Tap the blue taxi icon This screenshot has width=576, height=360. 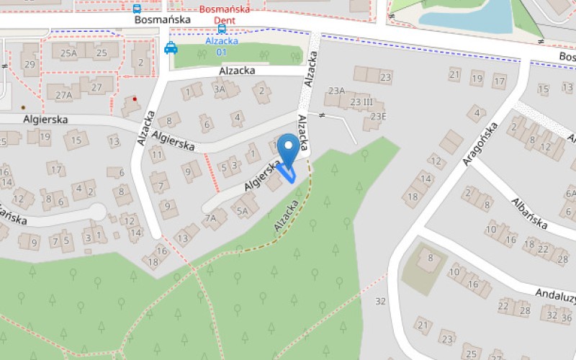[171, 48]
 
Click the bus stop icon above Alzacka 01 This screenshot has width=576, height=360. [222, 29]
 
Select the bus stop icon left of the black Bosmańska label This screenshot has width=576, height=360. [137, 9]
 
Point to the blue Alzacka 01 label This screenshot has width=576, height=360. [221, 46]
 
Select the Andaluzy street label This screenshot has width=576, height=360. [555, 295]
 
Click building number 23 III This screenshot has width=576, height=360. [361, 102]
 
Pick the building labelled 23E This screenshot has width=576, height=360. [378, 117]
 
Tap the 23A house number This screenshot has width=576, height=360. [336, 90]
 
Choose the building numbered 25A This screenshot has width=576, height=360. [68, 53]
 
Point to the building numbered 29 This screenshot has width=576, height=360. [30, 64]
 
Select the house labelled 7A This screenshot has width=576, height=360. [210, 217]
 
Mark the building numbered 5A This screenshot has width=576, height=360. [243, 211]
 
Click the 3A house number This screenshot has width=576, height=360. [220, 89]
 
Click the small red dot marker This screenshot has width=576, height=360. [135, 99]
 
